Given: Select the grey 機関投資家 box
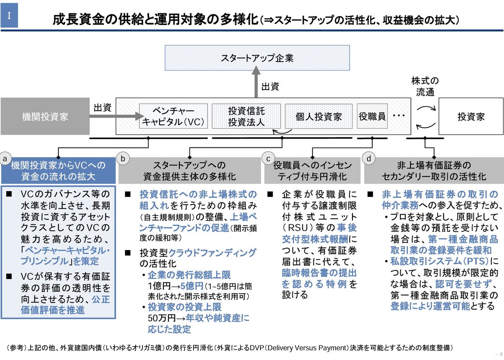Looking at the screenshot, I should (45, 116).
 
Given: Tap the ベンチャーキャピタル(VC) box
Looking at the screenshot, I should (173, 116).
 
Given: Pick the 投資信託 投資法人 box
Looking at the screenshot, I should (246, 116).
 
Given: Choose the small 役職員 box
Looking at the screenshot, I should (372, 116).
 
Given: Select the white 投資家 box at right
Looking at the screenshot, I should (471, 116).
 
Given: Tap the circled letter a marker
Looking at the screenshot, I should (5, 158).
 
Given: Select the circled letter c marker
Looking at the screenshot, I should (268, 158).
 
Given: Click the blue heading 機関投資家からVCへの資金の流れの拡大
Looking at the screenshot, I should (58, 170).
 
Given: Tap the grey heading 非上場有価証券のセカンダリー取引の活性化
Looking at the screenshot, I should (434, 170).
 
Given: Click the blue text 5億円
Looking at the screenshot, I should (190, 286).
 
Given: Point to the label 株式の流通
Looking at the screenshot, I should (425, 86).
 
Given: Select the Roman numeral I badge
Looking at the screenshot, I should (9, 18).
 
